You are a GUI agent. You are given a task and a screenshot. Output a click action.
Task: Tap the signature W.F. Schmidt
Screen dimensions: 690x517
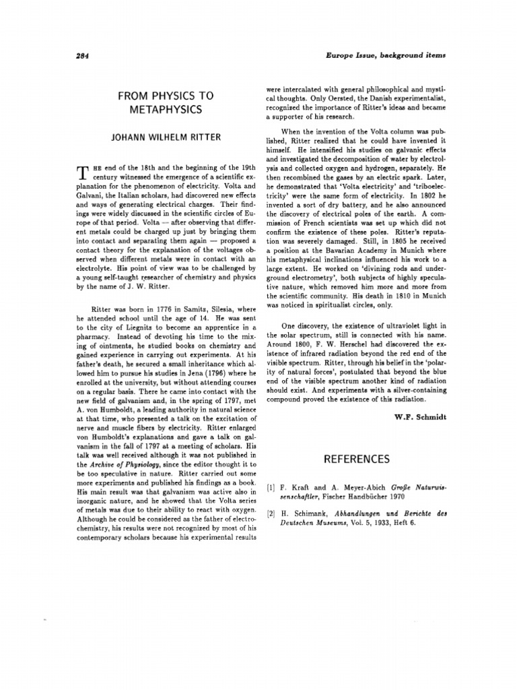pyautogui.click(x=419, y=416)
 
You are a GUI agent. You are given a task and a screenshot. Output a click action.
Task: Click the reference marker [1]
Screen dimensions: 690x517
pyautogui.click(x=271, y=484)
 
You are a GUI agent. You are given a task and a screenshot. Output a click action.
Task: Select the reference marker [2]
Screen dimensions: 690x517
pyautogui.click(x=271, y=513)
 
